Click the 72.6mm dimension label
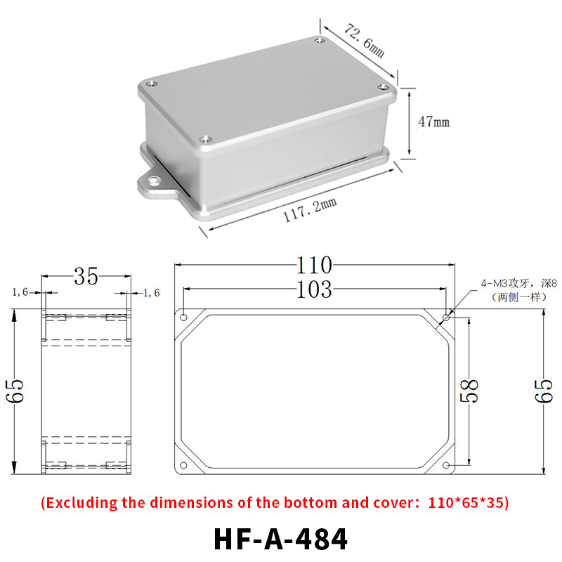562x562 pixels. click(365, 41)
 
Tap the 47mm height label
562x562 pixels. click(433, 122)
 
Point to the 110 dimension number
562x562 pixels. click(314, 266)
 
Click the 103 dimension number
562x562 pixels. click(314, 289)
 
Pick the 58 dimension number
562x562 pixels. click(469, 391)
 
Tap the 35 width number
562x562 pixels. click(86, 276)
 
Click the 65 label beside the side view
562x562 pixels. click(15, 391)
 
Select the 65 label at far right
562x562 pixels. click(544, 391)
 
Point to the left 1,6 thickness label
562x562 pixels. click(20, 292)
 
